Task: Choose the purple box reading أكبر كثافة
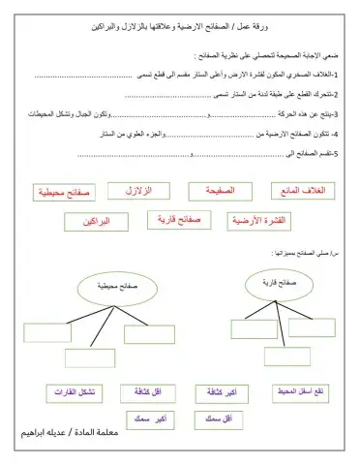(x=220, y=393)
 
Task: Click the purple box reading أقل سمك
(x=220, y=418)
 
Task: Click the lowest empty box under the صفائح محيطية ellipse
(x=90, y=358)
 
